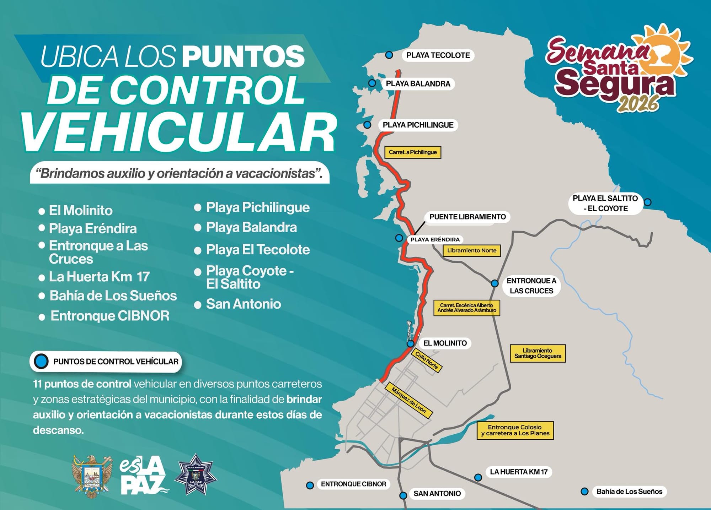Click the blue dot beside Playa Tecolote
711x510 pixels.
[389, 55]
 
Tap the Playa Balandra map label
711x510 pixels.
[418, 84]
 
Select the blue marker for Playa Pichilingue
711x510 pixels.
[367, 125]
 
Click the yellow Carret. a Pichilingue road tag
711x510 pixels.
[413, 152]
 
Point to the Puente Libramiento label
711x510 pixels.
[467, 217]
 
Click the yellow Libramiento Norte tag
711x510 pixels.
[472, 250]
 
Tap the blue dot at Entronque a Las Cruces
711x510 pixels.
[495, 283]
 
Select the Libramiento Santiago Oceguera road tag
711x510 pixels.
[538, 353]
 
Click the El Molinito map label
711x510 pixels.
[445, 343]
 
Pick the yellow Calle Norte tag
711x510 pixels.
[427, 360]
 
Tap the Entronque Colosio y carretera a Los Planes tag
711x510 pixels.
[515, 430]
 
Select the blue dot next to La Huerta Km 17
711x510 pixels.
[478, 478]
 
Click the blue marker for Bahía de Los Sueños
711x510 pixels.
[584, 492]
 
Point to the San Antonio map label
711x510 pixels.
[437, 493]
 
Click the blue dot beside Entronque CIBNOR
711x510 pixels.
[310, 485]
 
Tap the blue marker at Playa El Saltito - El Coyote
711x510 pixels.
[648, 202]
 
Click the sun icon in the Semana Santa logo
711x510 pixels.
[665, 53]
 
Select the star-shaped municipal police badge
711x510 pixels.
[196, 475]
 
